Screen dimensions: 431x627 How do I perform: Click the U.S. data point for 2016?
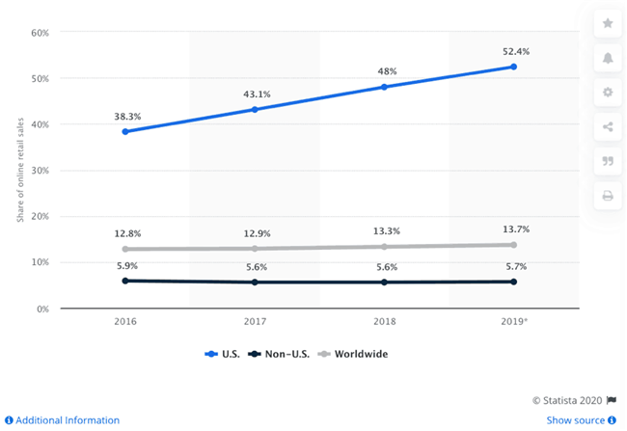pos(125,131)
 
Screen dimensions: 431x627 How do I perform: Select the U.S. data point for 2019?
pos(514,67)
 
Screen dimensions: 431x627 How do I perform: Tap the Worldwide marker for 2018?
pos(384,246)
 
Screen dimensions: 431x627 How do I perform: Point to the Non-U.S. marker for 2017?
pos(255,282)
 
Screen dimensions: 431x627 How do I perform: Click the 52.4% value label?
pos(514,49)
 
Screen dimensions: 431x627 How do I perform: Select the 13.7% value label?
pos(514,229)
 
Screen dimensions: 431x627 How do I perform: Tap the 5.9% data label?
pos(125,265)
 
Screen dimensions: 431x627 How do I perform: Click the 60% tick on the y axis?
pos(40,32)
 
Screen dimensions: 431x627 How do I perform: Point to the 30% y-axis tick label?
pos(40,171)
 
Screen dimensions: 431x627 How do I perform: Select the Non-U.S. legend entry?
pos(281,354)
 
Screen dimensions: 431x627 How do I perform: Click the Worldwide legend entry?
pos(355,354)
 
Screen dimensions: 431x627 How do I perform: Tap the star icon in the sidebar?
pos(607,23)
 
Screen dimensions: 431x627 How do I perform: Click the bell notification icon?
pos(607,58)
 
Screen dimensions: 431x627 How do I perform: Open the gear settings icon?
pos(607,93)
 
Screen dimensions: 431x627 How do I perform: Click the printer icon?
pos(607,196)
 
